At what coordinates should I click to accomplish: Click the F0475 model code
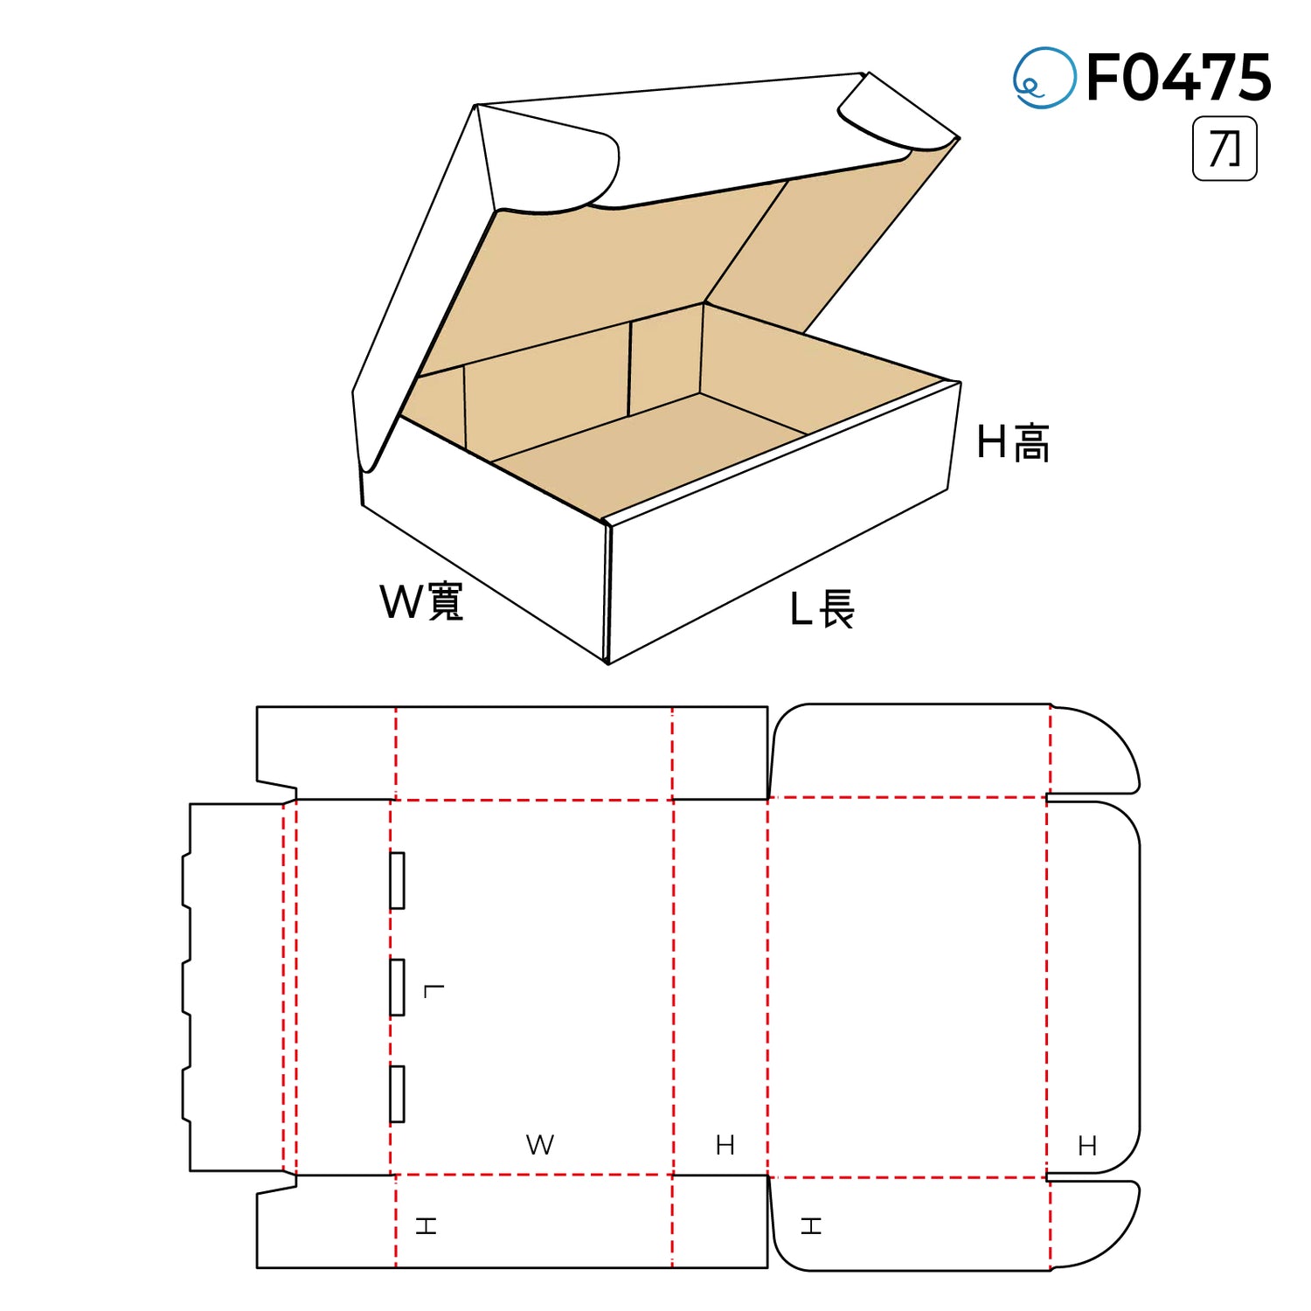(1178, 78)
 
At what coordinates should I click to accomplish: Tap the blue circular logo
(1044, 78)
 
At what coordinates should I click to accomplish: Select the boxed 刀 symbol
(1224, 149)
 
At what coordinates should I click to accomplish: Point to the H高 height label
(1013, 442)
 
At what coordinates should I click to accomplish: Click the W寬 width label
(421, 601)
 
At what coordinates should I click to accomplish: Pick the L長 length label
(822, 609)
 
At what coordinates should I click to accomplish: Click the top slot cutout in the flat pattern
(397, 880)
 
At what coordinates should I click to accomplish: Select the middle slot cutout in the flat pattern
(397, 987)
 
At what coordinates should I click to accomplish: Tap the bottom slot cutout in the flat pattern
(397, 1093)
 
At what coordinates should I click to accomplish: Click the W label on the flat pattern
(540, 1145)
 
